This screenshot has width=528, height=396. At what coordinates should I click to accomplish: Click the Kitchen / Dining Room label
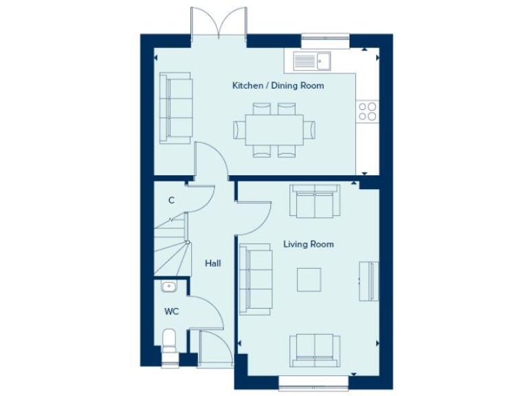(278, 86)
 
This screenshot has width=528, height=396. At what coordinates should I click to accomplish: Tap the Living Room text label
(309, 244)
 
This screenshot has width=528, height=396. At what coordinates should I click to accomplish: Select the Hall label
(212, 263)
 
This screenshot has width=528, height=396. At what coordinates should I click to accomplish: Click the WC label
(171, 311)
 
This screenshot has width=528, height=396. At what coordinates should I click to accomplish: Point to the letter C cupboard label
(171, 201)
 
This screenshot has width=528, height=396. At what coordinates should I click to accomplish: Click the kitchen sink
(313, 61)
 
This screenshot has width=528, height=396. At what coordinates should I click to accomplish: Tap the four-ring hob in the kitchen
(367, 111)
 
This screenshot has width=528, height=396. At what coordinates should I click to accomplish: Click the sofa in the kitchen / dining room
(175, 108)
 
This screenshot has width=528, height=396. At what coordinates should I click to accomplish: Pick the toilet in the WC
(169, 342)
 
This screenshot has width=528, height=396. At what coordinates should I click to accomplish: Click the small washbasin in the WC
(168, 286)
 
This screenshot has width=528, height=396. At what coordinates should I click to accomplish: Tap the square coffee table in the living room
(308, 279)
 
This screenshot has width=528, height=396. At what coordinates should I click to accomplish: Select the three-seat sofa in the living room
(255, 278)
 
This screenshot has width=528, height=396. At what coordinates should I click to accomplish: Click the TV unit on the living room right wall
(370, 280)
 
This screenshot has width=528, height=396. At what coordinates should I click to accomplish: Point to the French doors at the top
(219, 24)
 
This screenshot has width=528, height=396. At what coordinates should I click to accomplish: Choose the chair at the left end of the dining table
(239, 129)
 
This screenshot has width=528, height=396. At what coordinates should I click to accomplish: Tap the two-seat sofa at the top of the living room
(314, 201)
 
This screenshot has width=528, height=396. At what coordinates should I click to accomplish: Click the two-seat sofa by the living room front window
(314, 350)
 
